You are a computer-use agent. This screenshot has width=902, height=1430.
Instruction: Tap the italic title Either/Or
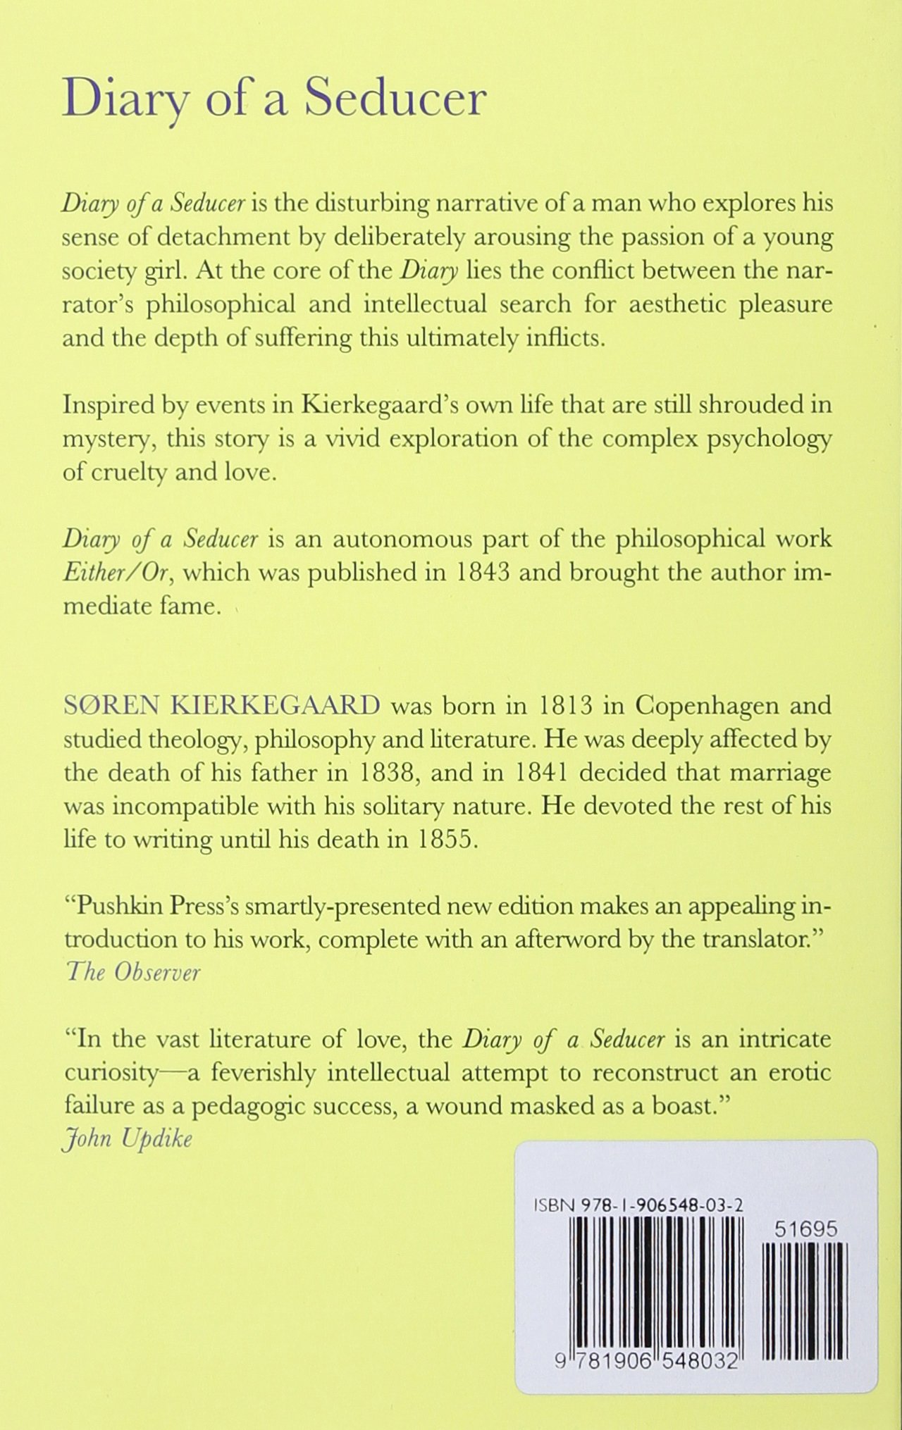(x=117, y=573)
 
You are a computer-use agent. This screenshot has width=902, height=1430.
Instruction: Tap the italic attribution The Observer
(x=133, y=973)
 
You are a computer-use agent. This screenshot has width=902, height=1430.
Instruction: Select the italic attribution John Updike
(x=128, y=1139)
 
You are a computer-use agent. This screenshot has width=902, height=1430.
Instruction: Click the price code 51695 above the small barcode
(x=805, y=1229)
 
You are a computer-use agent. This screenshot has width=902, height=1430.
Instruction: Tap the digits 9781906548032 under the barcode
(x=646, y=1362)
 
